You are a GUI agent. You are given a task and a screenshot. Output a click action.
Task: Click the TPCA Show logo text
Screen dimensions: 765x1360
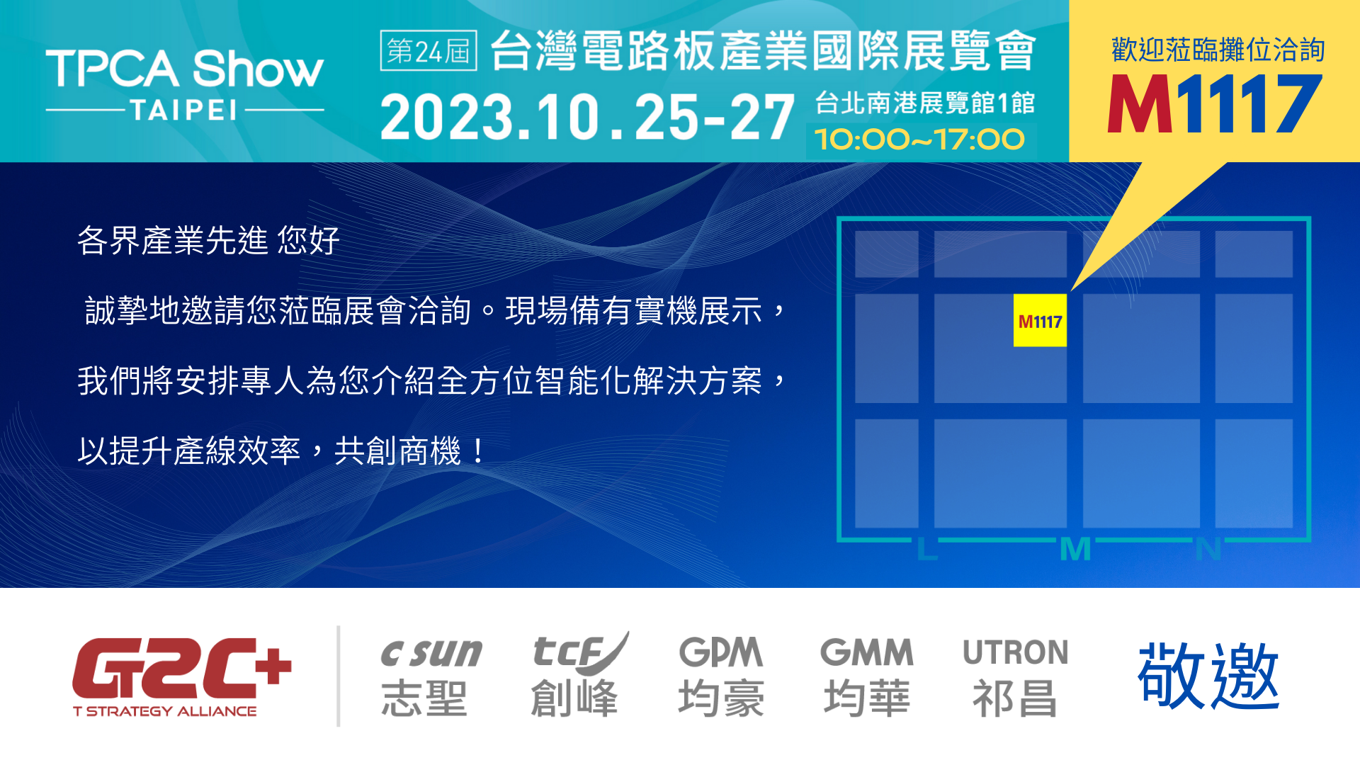click(184, 69)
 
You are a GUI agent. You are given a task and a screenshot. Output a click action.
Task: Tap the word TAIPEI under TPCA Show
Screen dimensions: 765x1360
click(183, 110)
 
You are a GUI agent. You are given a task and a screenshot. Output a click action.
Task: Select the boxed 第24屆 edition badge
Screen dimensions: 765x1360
click(429, 51)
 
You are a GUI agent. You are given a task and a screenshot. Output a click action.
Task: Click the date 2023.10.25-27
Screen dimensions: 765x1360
click(586, 118)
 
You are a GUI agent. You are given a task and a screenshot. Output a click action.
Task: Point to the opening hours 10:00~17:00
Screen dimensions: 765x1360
click(919, 140)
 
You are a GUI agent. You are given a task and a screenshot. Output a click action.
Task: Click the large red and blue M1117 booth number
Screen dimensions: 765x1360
click(1214, 105)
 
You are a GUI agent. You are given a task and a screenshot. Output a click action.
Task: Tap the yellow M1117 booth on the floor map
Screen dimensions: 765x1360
click(1040, 321)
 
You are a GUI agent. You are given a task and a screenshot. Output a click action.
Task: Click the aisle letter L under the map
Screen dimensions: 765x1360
click(926, 549)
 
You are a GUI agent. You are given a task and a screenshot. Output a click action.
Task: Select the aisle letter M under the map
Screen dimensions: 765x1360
click(1075, 549)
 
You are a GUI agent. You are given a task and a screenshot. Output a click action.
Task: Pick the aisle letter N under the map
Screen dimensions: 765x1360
click(1208, 549)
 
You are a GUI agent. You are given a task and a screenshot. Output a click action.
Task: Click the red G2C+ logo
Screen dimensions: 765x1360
click(181, 669)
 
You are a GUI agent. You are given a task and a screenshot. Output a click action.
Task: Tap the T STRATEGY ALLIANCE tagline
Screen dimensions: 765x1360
click(165, 711)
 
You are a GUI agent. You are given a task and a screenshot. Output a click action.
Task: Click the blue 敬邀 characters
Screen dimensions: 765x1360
click(1208, 676)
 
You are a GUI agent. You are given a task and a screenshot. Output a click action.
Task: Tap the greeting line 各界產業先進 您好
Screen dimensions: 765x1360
click(208, 241)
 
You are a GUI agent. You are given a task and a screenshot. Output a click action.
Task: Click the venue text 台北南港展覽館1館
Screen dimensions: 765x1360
click(924, 103)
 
